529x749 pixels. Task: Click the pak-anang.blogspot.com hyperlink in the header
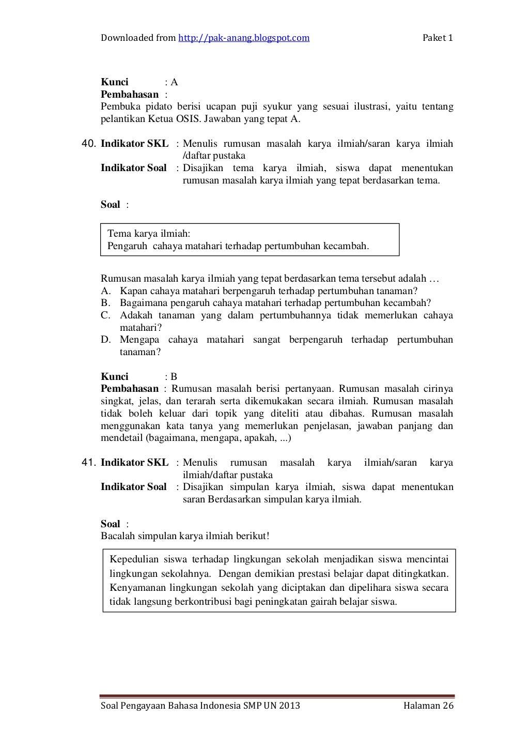pos(244,38)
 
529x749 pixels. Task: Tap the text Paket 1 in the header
pos(438,38)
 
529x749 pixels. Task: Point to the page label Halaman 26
pos(428,706)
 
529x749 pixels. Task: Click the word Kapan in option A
pos(133,291)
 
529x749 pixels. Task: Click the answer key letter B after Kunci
pos(174,377)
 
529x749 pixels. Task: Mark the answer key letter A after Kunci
pos(174,82)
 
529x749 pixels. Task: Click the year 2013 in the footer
pos(289,706)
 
